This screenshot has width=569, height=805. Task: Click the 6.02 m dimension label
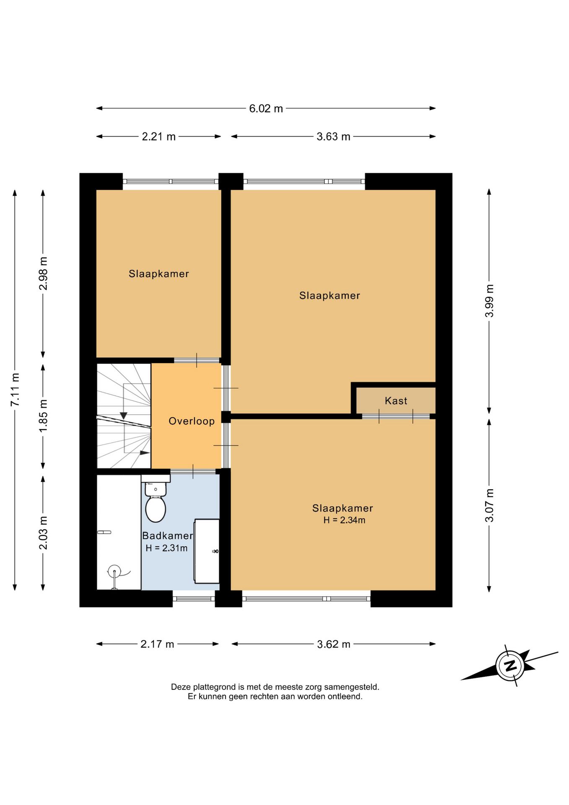(x=266, y=109)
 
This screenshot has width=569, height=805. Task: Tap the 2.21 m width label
(x=159, y=137)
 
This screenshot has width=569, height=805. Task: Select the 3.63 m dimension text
(x=334, y=137)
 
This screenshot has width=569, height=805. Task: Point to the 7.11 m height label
(x=15, y=389)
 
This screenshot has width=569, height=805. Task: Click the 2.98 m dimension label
(x=43, y=273)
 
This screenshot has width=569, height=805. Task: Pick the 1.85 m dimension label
(x=43, y=416)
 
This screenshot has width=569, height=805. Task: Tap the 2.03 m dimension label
(x=43, y=533)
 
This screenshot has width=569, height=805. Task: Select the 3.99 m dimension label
(x=489, y=301)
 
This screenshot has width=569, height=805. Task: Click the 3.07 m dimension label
(x=489, y=505)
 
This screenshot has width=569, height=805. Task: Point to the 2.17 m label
(x=157, y=644)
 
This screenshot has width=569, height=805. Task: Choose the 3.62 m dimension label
(x=334, y=644)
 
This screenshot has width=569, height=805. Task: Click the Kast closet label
(x=396, y=401)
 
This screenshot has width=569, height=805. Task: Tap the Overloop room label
(x=191, y=421)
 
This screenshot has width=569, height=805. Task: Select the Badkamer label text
(x=168, y=535)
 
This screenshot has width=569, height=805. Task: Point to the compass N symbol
(x=510, y=665)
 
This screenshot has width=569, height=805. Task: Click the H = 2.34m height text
(x=344, y=520)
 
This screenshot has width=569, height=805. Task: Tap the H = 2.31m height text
(x=166, y=548)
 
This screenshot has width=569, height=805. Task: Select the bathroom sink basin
(x=207, y=551)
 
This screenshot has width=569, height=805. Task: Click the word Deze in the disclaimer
(x=181, y=687)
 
